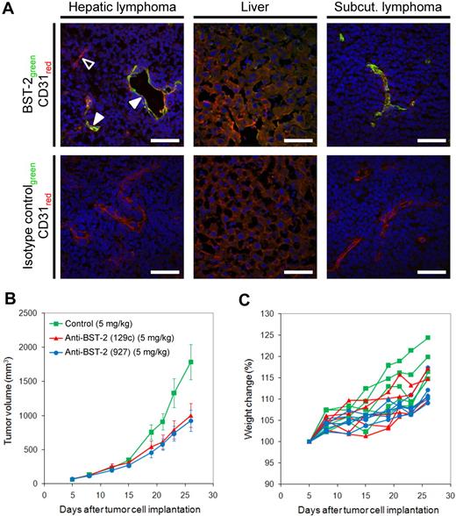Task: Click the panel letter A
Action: pyautogui.click(x=6, y=8)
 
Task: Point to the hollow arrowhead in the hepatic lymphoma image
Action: pyautogui.click(x=86, y=62)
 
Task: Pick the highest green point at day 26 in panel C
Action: pyautogui.click(x=429, y=338)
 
